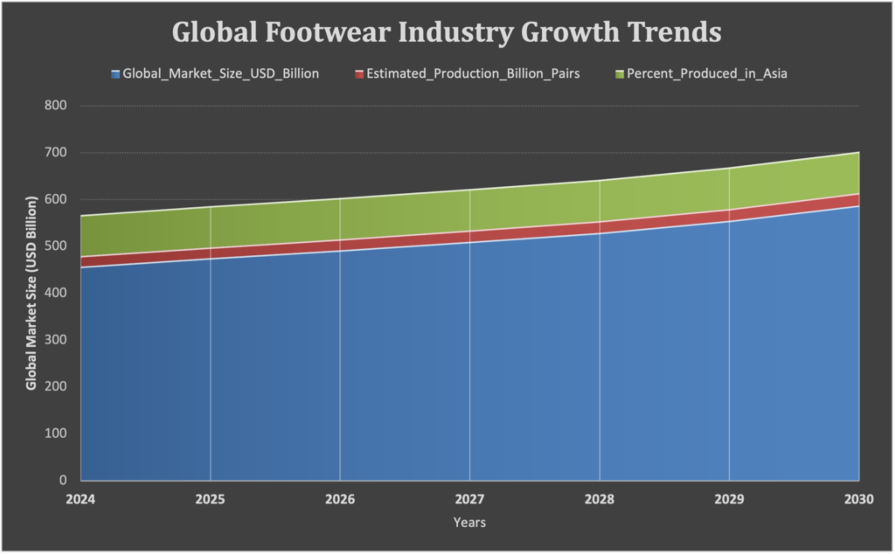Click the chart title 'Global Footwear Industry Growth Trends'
[x=447, y=32]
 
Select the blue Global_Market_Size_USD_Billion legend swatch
[x=115, y=74]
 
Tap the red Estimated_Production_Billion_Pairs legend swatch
[x=360, y=74]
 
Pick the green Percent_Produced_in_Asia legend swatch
[x=621, y=74]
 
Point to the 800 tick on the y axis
[x=58, y=106]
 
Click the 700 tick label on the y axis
[x=58, y=153]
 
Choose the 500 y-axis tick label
[x=58, y=246]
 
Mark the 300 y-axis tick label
[x=58, y=340]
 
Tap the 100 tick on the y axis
[x=58, y=433]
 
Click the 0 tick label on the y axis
[x=64, y=480]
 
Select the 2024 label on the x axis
[x=80, y=499]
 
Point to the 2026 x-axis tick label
[x=340, y=499]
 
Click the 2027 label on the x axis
[x=470, y=499]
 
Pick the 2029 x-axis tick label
[x=729, y=499]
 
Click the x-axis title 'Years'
[x=469, y=523]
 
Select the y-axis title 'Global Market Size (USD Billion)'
[x=31, y=293]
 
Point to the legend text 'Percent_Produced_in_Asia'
[x=707, y=74]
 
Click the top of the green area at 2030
[x=858, y=153]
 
